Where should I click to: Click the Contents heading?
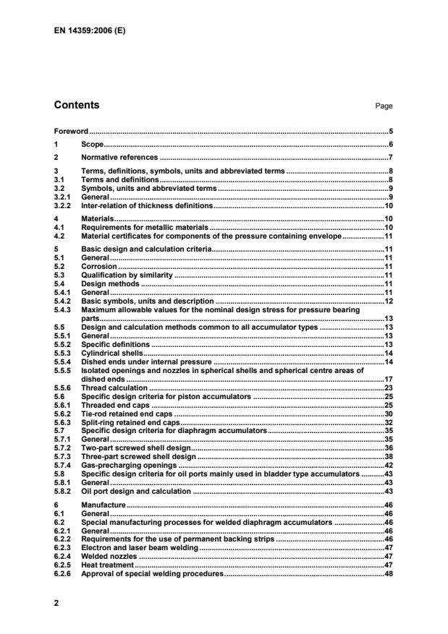pos(77,106)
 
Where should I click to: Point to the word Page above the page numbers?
pos(384,106)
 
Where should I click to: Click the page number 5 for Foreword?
pos(391,132)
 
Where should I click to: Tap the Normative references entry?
pos(119,157)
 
